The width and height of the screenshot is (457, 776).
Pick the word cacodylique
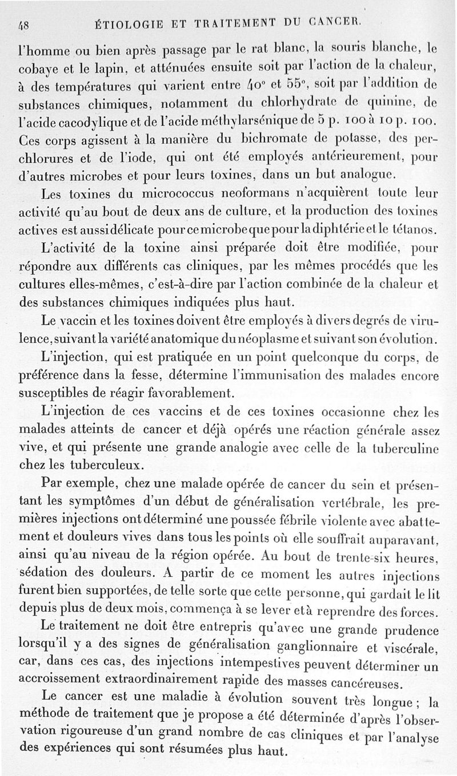[83, 122]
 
